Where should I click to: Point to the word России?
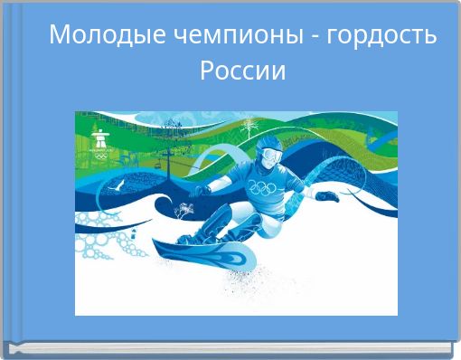242,70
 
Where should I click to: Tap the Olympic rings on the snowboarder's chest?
262,188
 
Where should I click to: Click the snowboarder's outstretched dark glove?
328,195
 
